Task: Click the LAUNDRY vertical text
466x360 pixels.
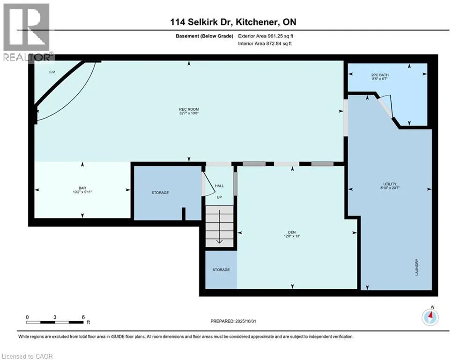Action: [416, 267]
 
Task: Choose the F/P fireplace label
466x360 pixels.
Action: [52, 72]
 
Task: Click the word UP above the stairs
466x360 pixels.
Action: [219, 197]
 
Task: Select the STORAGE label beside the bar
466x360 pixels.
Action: [160, 193]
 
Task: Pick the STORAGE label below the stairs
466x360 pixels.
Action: [221, 270]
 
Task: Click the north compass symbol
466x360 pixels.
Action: [430, 317]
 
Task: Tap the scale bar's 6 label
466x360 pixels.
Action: [83, 317]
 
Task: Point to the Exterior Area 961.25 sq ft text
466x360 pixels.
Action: [266, 36]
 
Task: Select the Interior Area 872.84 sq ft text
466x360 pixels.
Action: [266, 44]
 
